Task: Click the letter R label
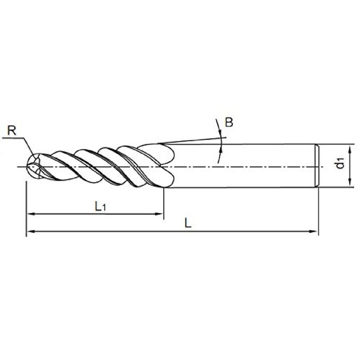12,131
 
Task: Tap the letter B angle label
229,123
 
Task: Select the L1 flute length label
101,207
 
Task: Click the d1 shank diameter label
340,163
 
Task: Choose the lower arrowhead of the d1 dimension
349,182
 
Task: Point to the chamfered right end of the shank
316,166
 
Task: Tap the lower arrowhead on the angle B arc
221,149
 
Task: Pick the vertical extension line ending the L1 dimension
164,204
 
